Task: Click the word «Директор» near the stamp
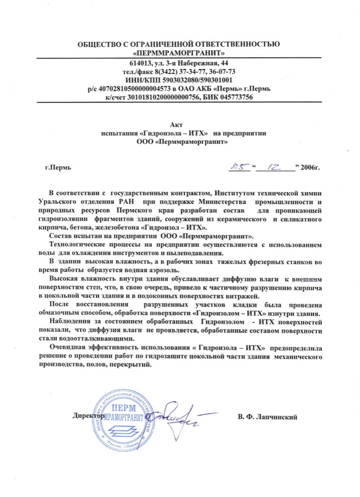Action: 88,416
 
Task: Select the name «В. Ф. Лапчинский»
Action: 268,416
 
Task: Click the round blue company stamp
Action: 123,417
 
